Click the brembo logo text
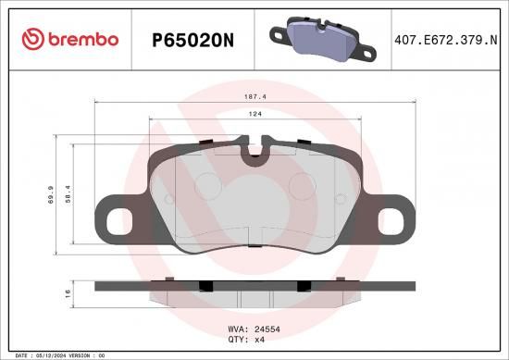tap(83, 39)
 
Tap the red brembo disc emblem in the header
tap(32, 39)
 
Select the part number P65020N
tap(192, 41)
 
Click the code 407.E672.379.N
tap(446, 40)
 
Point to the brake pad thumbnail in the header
tap(322, 40)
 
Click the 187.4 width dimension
tap(255, 97)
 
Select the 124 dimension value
tap(255, 114)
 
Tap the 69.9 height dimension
tap(51, 194)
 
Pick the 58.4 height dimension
tap(68, 194)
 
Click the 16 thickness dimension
tap(68, 293)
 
